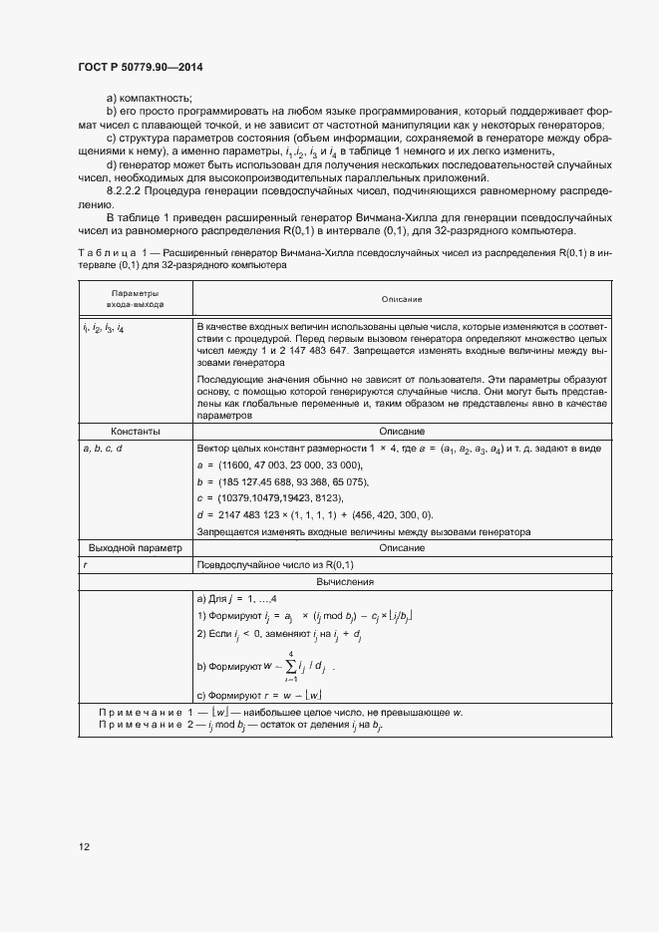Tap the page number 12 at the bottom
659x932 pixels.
85,846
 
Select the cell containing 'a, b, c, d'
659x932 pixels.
107,449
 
